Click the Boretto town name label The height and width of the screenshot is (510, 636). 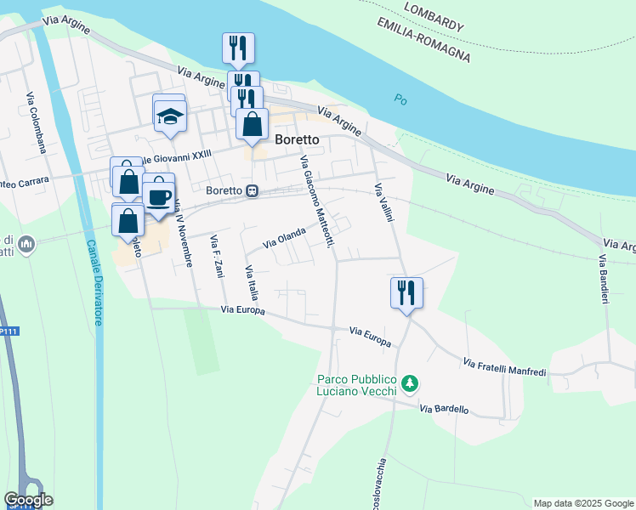click(x=297, y=139)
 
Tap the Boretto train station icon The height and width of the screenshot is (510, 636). click(x=253, y=191)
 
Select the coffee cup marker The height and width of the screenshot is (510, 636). click(x=158, y=198)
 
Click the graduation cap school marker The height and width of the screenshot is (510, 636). click(x=170, y=117)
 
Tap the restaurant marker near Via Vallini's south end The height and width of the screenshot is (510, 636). click(x=406, y=293)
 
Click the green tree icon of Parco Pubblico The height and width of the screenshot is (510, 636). click(x=410, y=384)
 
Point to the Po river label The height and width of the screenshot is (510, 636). click(x=400, y=99)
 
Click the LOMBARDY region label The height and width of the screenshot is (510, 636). click(x=434, y=17)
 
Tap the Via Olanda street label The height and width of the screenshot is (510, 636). click(x=284, y=237)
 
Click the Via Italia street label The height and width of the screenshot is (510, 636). click(x=251, y=281)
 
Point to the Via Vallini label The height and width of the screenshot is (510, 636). click(x=385, y=202)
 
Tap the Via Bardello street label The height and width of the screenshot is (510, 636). click(x=444, y=409)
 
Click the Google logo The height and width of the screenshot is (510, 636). click(x=28, y=500)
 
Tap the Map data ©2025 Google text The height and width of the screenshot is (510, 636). click(x=582, y=503)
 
